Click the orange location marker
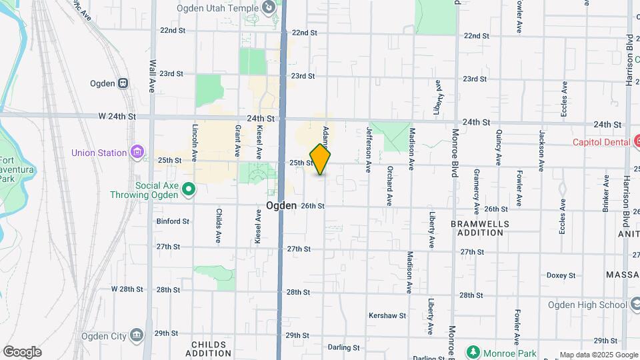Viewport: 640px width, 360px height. [321, 159]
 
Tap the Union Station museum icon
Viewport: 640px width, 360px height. [137, 153]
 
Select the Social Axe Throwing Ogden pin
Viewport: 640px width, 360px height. [189, 189]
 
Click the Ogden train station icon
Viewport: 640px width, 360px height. [123, 83]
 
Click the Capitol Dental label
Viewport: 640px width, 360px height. [601, 142]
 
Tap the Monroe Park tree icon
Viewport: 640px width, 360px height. [473, 351]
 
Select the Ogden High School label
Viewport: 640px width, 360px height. [587, 305]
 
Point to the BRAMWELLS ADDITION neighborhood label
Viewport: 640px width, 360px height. [480, 229]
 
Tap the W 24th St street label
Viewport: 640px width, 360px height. [117, 116]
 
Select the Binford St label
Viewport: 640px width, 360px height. [173, 221]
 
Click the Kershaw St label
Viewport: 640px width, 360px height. [387, 315]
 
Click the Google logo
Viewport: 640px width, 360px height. [22, 352]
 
